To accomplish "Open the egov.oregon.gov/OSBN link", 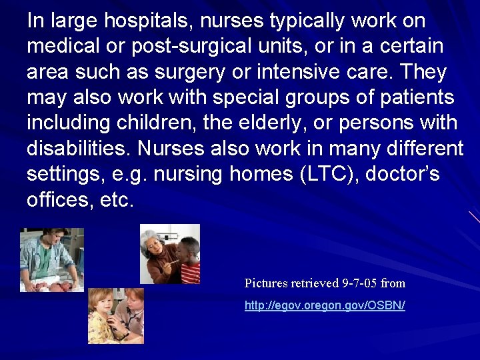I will tap(325, 305).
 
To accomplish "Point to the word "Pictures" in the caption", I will tap(268, 283).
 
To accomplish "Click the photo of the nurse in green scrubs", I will tap(52, 259).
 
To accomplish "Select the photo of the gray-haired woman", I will tap(169, 254).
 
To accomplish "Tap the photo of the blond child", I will tap(116, 315).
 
